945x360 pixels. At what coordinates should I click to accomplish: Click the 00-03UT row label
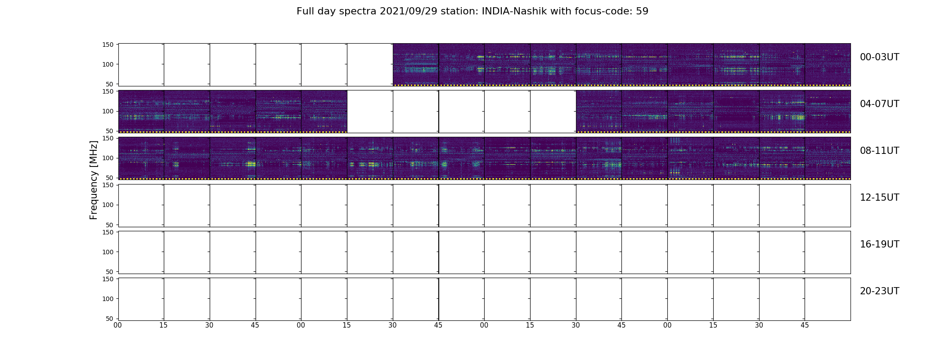pyautogui.click(x=879, y=57)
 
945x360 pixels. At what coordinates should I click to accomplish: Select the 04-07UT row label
pyautogui.click(x=879, y=104)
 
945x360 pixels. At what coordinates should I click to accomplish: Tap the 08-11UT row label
pyautogui.click(x=879, y=151)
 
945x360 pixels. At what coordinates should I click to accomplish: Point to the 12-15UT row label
pyautogui.click(x=879, y=198)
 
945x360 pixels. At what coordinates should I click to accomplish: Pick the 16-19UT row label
pyautogui.click(x=879, y=244)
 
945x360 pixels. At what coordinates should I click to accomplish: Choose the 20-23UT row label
pyautogui.click(x=879, y=291)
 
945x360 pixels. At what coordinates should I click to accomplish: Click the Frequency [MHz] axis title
pyautogui.click(x=94, y=180)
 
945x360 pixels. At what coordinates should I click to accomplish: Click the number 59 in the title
pyautogui.click(x=642, y=11)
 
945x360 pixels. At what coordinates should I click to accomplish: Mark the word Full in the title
pyautogui.click(x=305, y=11)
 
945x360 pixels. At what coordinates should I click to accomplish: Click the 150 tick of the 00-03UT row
pyautogui.click(x=108, y=45)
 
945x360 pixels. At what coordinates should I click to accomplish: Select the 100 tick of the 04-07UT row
pyautogui.click(x=108, y=111)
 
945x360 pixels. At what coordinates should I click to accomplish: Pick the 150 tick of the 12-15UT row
pyautogui.click(x=108, y=185)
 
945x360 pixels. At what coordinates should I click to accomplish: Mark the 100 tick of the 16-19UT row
pyautogui.click(x=108, y=252)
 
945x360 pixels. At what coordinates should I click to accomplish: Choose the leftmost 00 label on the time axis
pyautogui.click(x=118, y=325)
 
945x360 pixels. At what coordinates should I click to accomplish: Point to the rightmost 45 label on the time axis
pyautogui.click(x=805, y=325)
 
